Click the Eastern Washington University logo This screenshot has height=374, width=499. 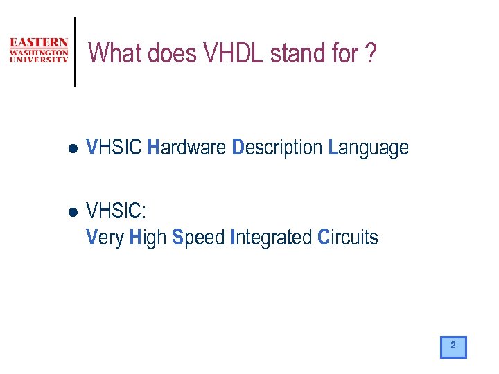click(x=39, y=51)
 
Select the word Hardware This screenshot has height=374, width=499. click(x=187, y=148)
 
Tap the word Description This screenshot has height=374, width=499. click(x=277, y=148)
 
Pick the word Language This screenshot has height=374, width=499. click(x=368, y=148)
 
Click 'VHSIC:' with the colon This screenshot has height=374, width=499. click(x=116, y=210)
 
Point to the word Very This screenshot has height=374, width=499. click(x=104, y=238)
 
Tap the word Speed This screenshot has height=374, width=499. click(x=198, y=238)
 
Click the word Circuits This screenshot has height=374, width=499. click(x=347, y=238)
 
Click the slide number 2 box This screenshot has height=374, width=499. click(x=453, y=346)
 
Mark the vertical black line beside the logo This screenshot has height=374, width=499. click(x=75, y=52)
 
